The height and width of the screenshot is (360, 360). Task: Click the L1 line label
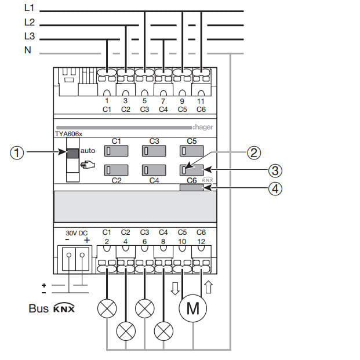(30, 8)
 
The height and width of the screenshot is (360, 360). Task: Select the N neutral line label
(28, 50)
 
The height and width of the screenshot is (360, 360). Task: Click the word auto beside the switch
(88, 151)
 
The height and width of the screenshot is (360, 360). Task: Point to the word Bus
(38, 308)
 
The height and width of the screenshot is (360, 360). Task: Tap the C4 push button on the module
(154, 170)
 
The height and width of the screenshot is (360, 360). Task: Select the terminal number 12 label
(201, 241)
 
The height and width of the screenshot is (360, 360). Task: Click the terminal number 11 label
(201, 101)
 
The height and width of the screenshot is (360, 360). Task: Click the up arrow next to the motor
(209, 286)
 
